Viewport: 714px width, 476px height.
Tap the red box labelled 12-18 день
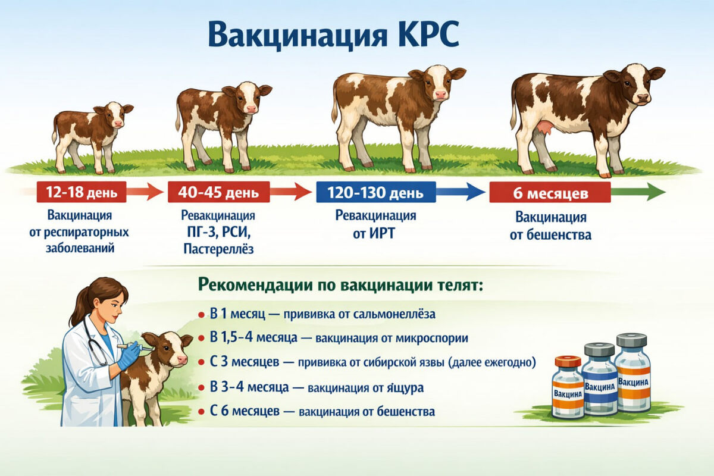click(82, 192)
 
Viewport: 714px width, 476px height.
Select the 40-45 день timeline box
click(219, 192)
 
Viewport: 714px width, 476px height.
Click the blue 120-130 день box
click(376, 192)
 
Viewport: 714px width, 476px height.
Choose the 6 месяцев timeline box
click(550, 192)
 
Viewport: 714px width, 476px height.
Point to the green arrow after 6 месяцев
click(638, 192)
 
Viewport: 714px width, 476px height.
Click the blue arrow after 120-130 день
click(461, 192)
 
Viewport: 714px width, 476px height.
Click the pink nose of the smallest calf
click(118, 123)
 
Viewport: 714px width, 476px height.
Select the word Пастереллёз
click(219, 249)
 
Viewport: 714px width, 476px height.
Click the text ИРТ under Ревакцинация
click(382, 233)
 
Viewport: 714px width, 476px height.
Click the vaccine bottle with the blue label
click(600, 380)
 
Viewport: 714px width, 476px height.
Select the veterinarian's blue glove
click(129, 355)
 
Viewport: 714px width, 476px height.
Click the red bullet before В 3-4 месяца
click(201, 388)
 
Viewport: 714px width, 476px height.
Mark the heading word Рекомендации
click(255, 284)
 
